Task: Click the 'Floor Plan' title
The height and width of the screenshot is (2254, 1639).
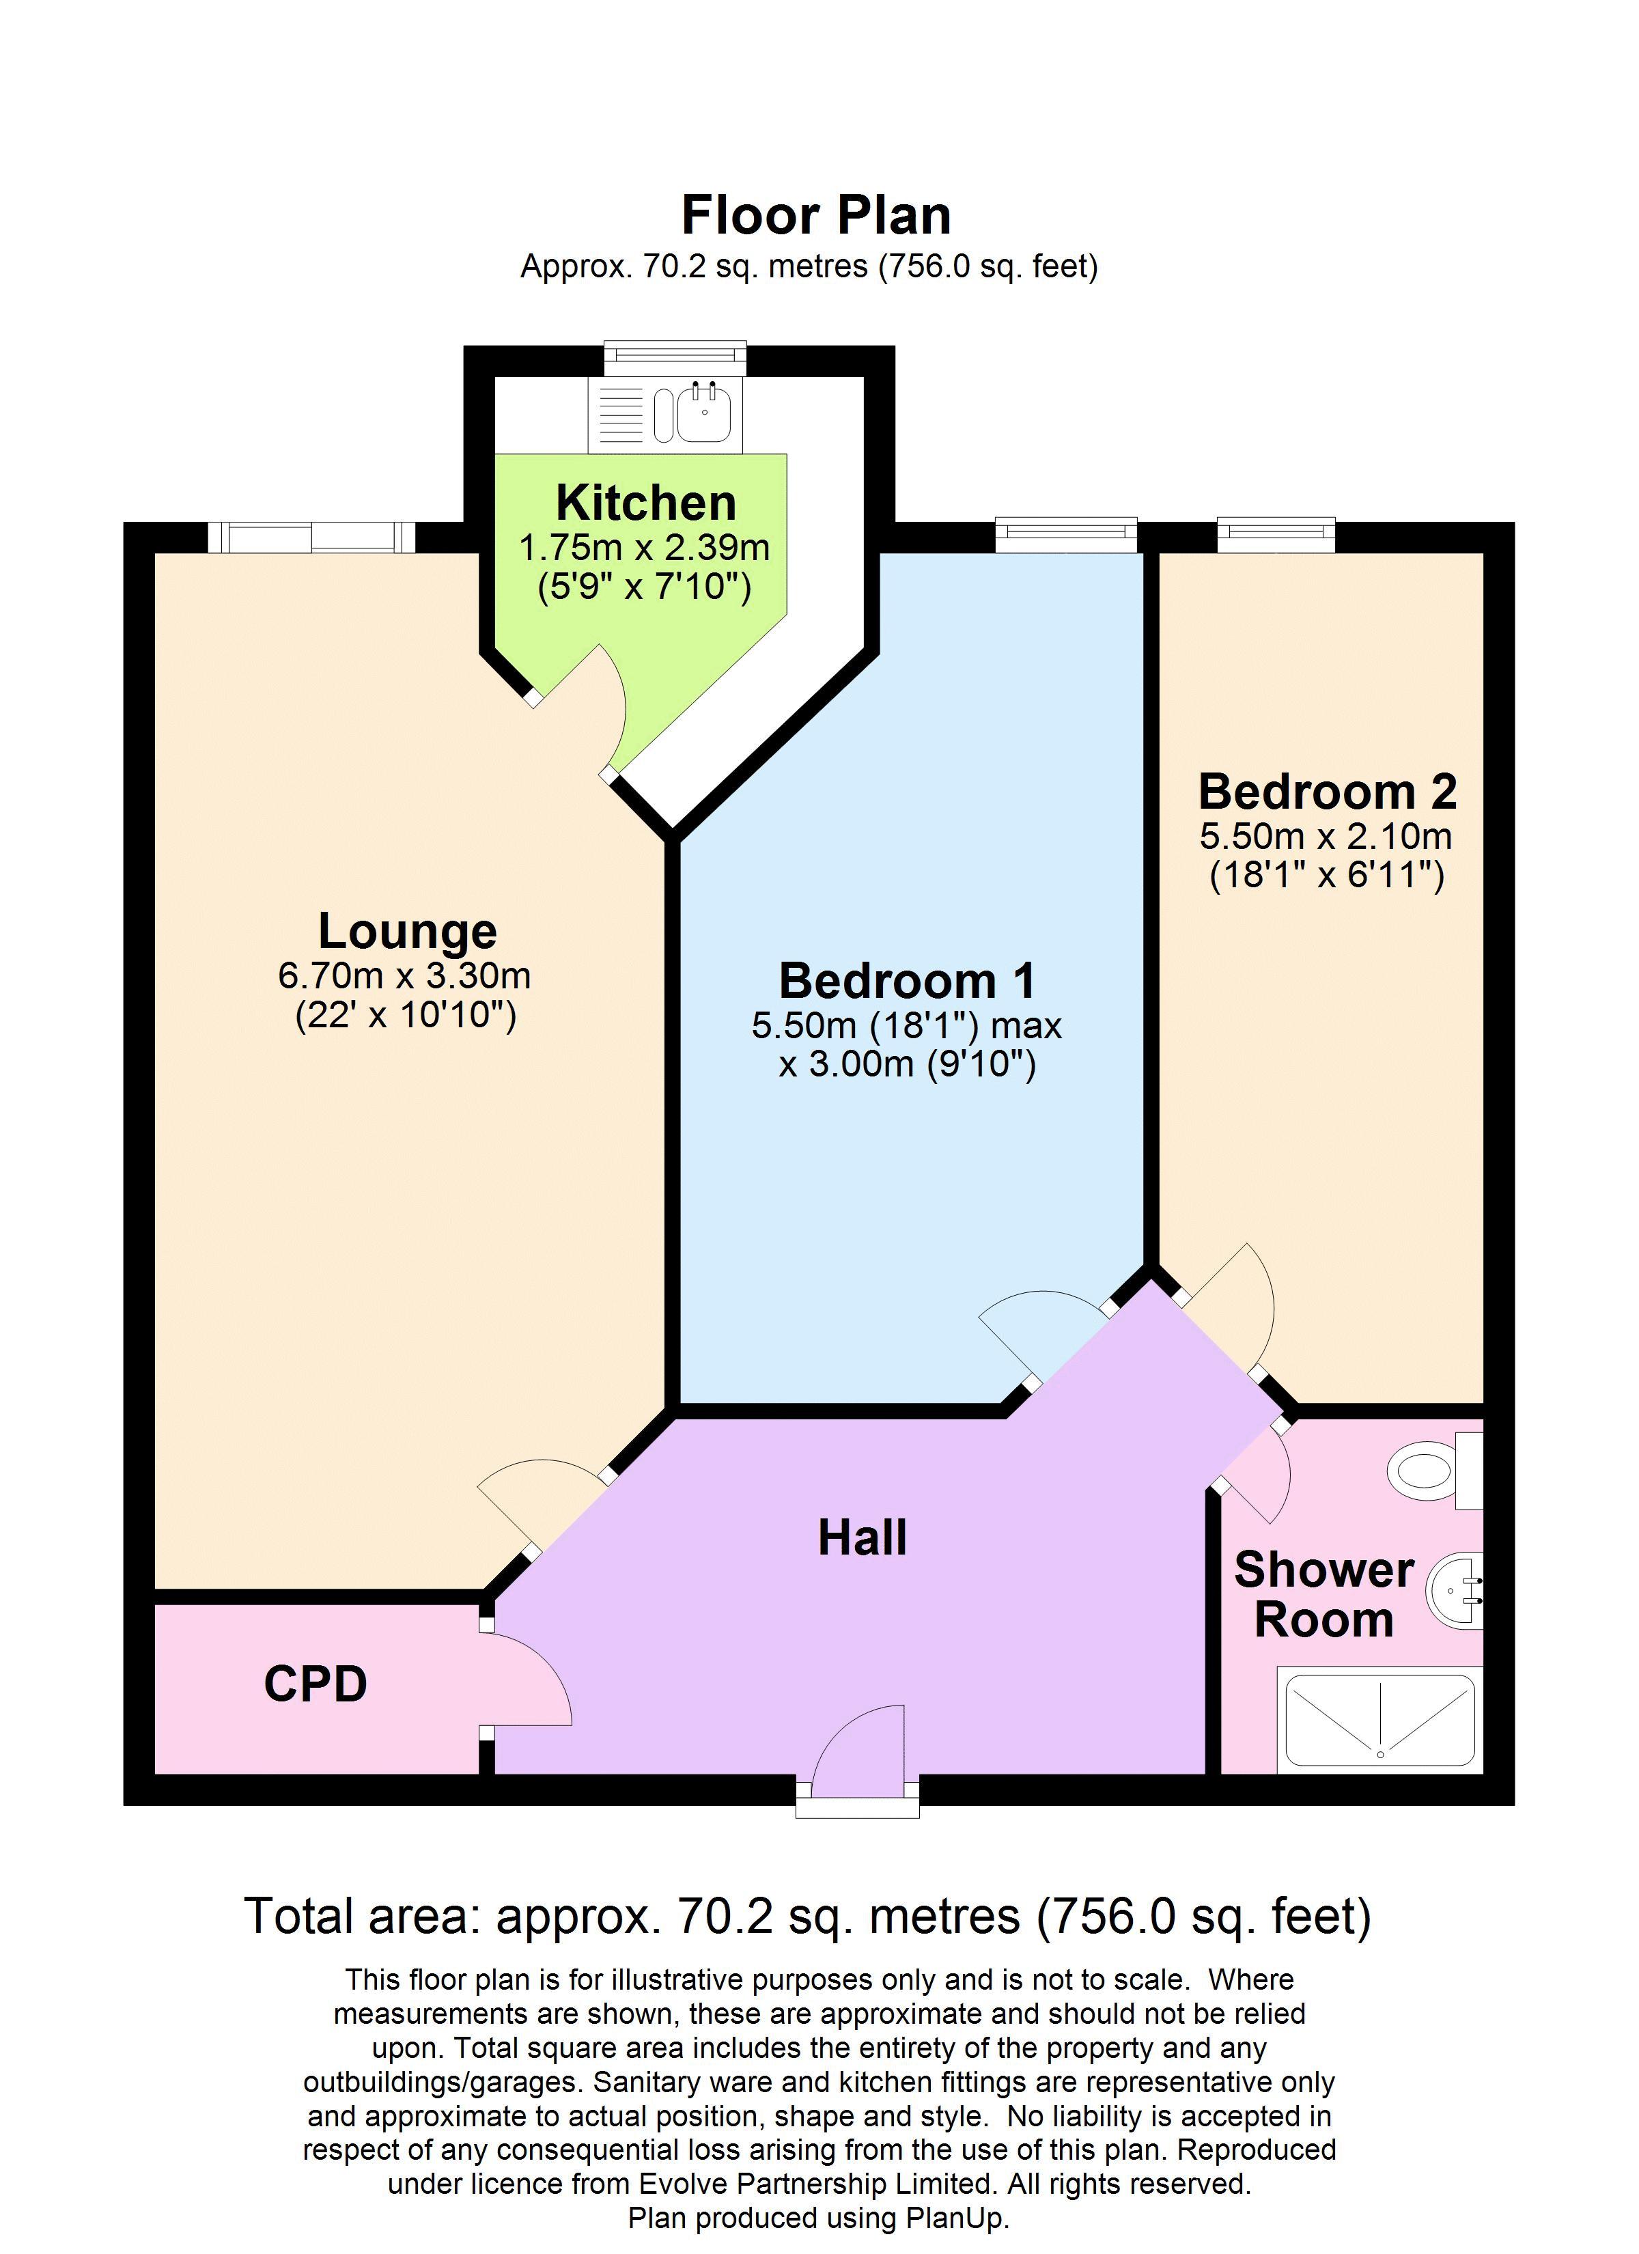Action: coord(816,214)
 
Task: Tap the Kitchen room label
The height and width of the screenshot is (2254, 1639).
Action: coord(645,503)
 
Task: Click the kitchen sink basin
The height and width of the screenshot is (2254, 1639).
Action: coord(705,411)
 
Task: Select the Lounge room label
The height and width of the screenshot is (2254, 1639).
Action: coord(408,931)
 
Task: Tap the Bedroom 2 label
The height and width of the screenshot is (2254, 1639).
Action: coord(1327,792)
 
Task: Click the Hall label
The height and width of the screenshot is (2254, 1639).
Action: coord(862,1538)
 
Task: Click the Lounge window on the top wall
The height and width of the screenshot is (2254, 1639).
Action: coord(311,538)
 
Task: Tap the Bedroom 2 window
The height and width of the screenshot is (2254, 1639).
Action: coord(1275,535)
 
